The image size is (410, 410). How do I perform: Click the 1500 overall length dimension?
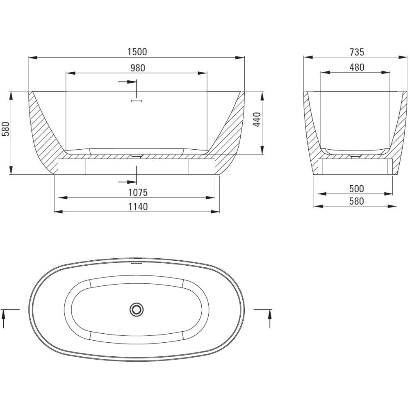click(x=137, y=52)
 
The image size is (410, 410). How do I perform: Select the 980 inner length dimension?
click(x=137, y=68)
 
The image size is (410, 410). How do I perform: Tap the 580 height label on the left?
click(x=6, y=129)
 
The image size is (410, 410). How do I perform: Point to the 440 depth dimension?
click(x=257, y=119)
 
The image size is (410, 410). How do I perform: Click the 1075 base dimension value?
click(x=138, y=193)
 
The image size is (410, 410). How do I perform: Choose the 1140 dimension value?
click(x=138, y=207)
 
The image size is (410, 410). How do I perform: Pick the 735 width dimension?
click(x=357, y=52)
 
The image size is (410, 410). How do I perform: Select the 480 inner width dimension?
click(x=357, y=68)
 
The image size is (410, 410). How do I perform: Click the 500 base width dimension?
click(x=356, y=189)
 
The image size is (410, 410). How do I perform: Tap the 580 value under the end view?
click(x=356, y=201)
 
